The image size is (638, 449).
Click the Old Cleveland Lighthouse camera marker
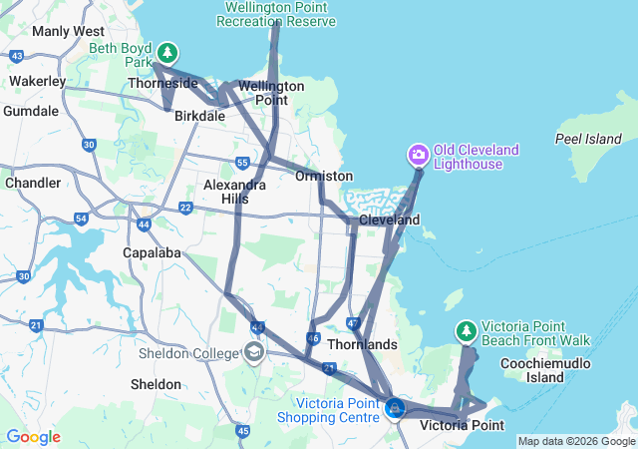click(419, 155)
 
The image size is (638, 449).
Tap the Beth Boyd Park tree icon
click(168, 52)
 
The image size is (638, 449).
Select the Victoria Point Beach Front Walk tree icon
click(466, 330)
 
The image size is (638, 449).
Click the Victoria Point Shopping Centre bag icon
click(395, 407)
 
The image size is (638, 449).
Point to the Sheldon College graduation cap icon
click(254, 351)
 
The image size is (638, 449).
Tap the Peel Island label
click(588, 138)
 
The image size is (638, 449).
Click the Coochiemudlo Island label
click(546, 370)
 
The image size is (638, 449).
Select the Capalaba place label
click(151, 252)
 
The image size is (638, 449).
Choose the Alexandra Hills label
click(225, 192)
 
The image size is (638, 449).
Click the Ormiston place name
click(324, 176)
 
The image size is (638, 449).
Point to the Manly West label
click(68, 31)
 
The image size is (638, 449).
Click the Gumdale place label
click(30, 111)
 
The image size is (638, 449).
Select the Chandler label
click(33, 183)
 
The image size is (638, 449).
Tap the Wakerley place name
click(37, 81)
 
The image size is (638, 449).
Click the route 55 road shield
click(243, 162)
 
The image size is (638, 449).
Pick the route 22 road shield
click(185, 208)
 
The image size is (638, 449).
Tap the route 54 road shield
click(82, 218)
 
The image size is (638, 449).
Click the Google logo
click(33, 437)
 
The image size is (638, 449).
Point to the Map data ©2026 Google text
click(576, 441)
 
